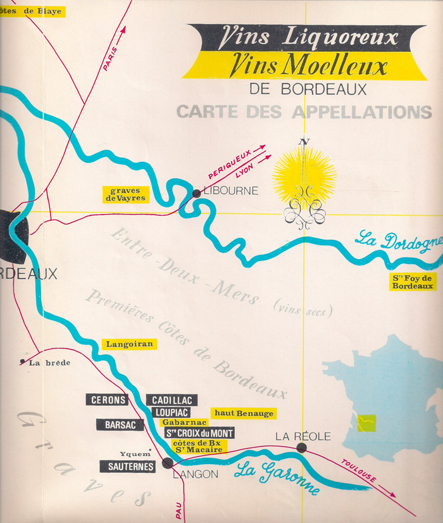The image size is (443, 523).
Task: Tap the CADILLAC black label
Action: click(172, 400)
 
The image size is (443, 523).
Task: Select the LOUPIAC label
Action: click(171, 412)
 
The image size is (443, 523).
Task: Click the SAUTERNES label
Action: click(127, 466)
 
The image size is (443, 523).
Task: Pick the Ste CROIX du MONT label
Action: click(199, 433)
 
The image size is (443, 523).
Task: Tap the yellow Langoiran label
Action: click(128, 344)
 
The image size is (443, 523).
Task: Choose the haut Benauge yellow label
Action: click(244, 413)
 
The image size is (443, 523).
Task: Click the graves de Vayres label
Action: click(125, 194)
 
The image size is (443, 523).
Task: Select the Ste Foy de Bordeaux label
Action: click(413, 282)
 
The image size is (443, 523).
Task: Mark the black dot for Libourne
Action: click(196, 194)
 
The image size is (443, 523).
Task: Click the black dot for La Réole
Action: click(301, 448)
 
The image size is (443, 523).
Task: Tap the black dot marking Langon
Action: click(167, 463)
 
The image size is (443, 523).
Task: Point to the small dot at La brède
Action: click(23, 362)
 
